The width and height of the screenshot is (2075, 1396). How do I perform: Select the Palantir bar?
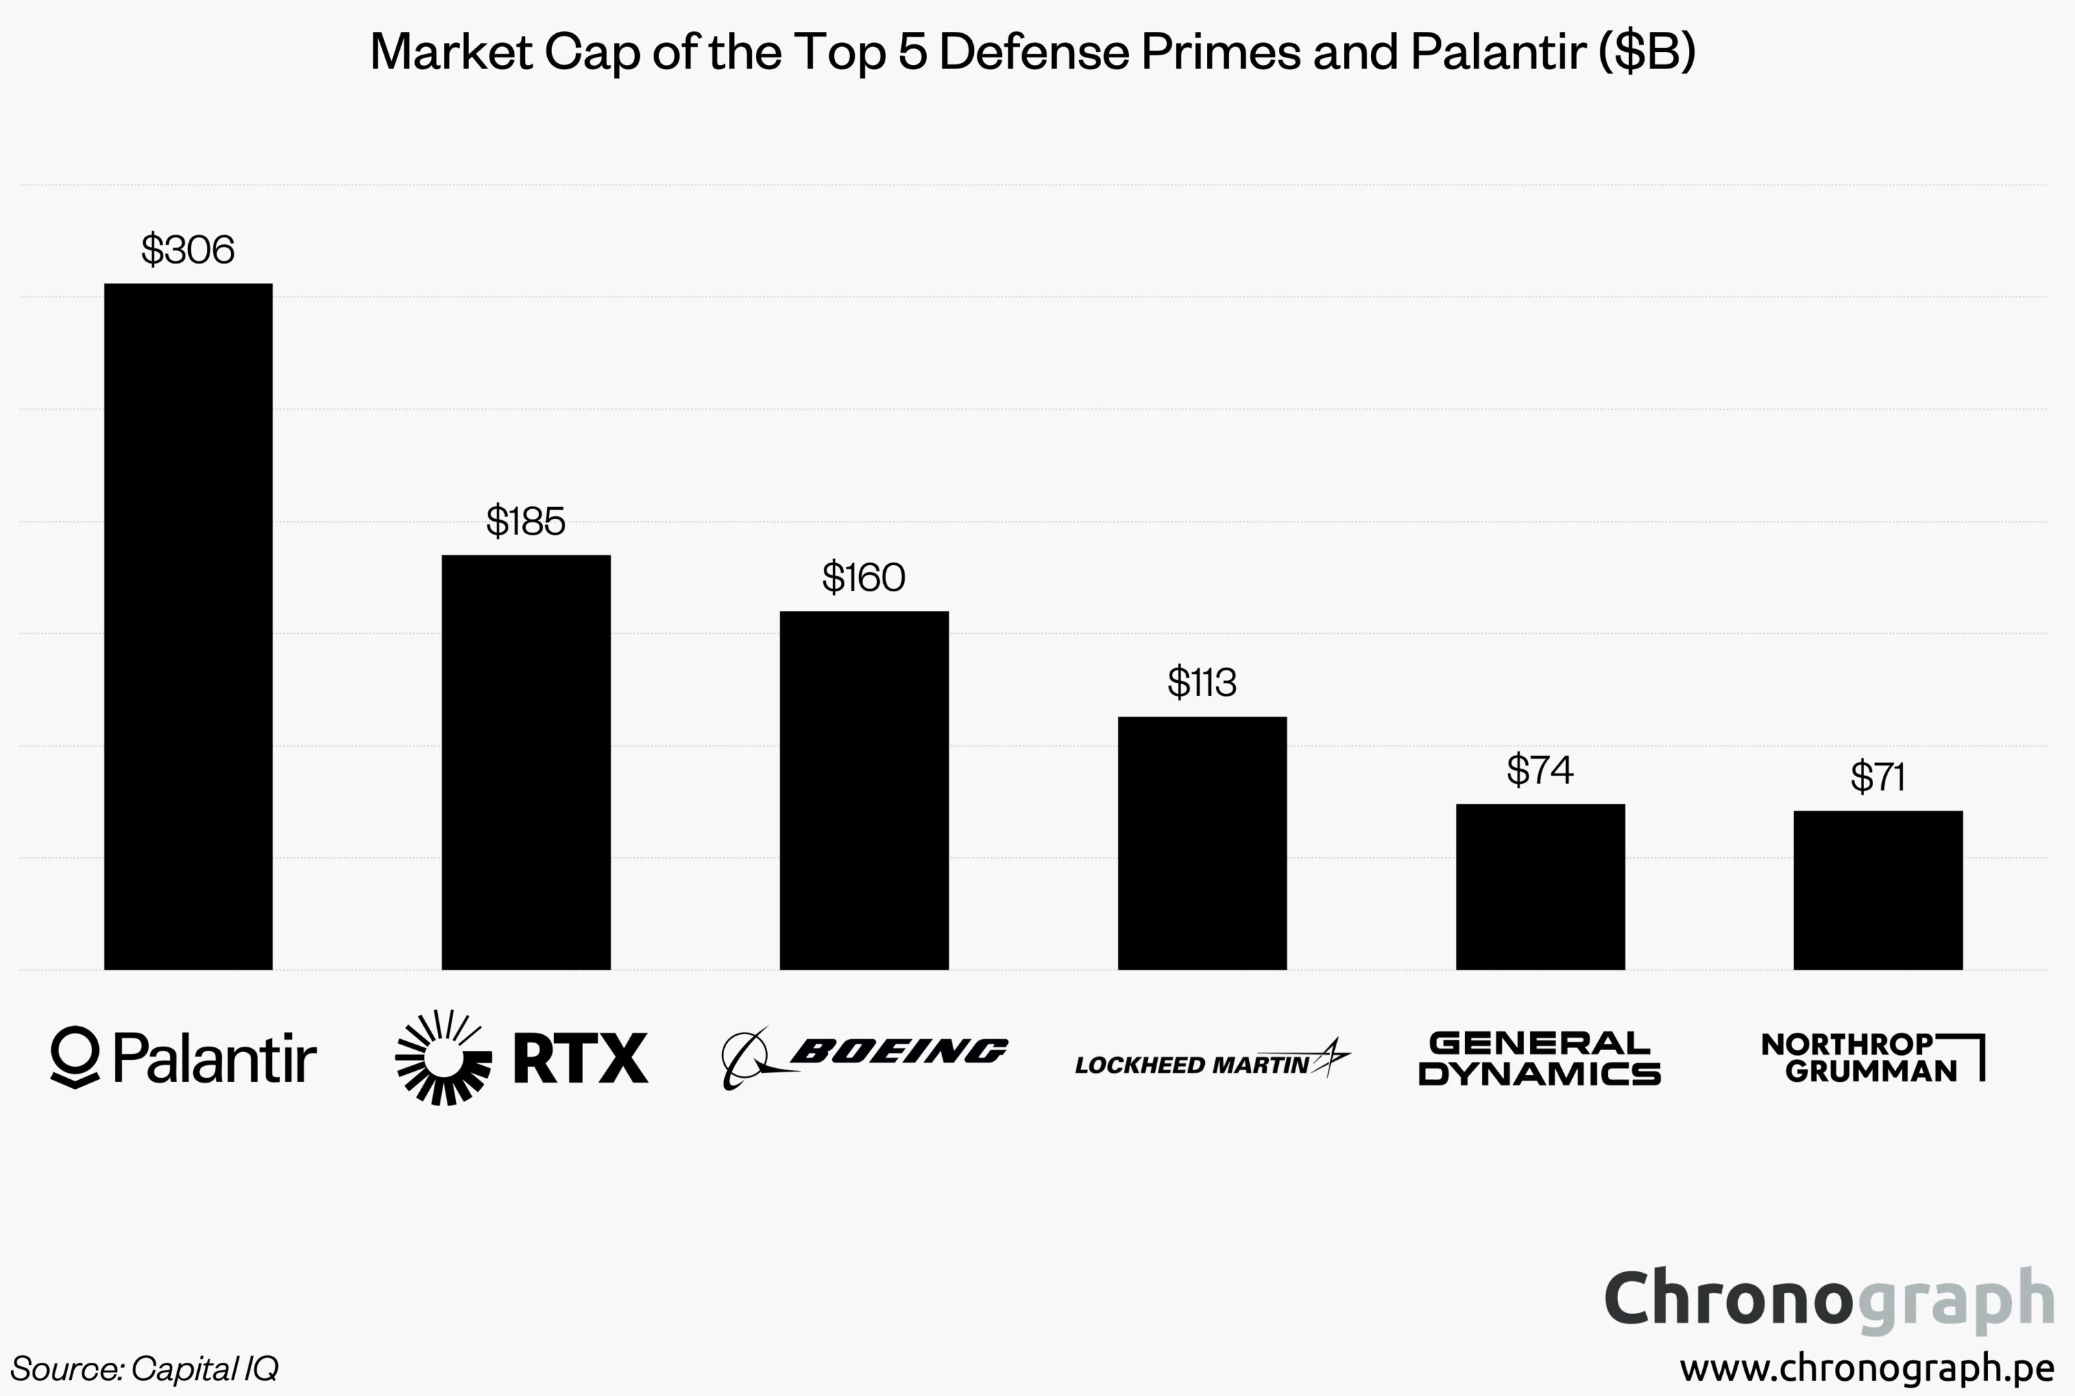188,626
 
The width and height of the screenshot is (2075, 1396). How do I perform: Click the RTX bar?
526,762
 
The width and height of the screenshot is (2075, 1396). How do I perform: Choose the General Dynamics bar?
1540,886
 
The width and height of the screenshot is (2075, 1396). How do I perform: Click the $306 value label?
188,250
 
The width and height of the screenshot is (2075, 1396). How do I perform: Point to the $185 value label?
525,522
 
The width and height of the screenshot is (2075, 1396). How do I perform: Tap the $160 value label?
863,578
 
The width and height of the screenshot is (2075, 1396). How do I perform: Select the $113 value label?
1201,683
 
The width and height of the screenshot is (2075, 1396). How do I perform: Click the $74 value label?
1539,770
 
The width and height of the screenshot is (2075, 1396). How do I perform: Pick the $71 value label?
1877,778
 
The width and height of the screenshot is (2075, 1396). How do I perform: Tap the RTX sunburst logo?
443,1058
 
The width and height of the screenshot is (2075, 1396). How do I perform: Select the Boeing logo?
863,1057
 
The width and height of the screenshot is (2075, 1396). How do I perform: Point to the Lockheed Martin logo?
1212,1060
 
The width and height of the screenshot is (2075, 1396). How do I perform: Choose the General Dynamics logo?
1539,1058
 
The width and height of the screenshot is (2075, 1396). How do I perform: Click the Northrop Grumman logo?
1873,1057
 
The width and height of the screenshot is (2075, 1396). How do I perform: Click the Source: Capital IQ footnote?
144,1368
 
